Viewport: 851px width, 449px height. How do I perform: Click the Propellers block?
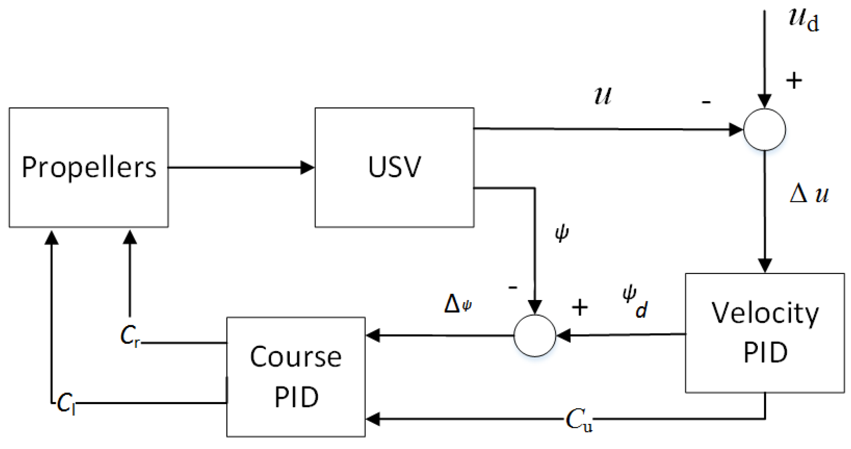(x=89, y=167)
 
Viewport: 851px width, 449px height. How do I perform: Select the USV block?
(x=394, y=167)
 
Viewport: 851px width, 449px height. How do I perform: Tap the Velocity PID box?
(x=765, y=333)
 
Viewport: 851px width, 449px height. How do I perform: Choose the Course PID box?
(x=296, y=377)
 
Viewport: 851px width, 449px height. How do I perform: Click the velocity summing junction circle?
(x=764, y=130)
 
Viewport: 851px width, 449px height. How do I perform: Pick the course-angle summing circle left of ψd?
(x=535, y=336)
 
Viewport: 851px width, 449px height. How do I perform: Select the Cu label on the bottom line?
(x=579, y=420)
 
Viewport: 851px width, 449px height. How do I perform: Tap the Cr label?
(x=130, y=336)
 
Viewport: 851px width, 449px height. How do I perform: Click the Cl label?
(x=66, y=403)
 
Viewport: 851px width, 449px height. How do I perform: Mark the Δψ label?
(x=458, y=304)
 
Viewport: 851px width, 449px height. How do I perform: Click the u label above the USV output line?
(x=603, y=96)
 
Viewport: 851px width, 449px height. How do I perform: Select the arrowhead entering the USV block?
(x=307, y=168)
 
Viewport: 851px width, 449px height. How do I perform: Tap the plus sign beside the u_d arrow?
(x=794, y=80)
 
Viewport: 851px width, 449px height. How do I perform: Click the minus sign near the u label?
(x=707, y=102)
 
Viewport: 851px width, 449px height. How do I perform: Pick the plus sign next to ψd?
(x=579, y=307)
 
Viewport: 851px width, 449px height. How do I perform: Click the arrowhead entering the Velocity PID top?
(x=765, y=265)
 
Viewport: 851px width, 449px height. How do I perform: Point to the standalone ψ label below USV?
(x=562, y=233)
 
